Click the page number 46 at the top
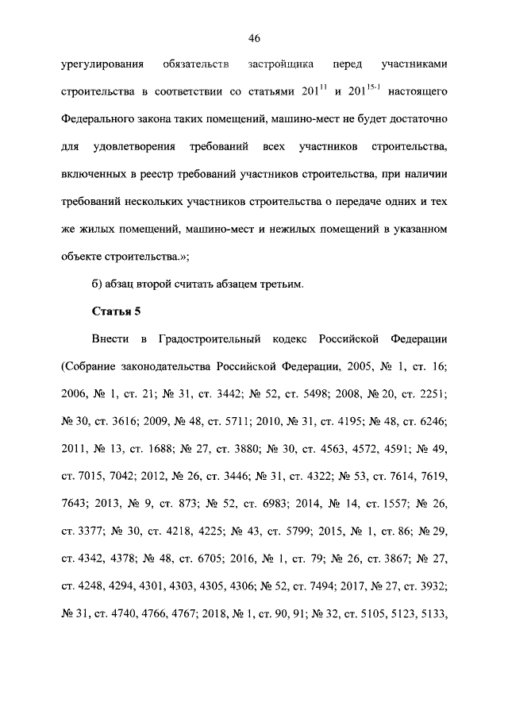click(254, 38)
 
